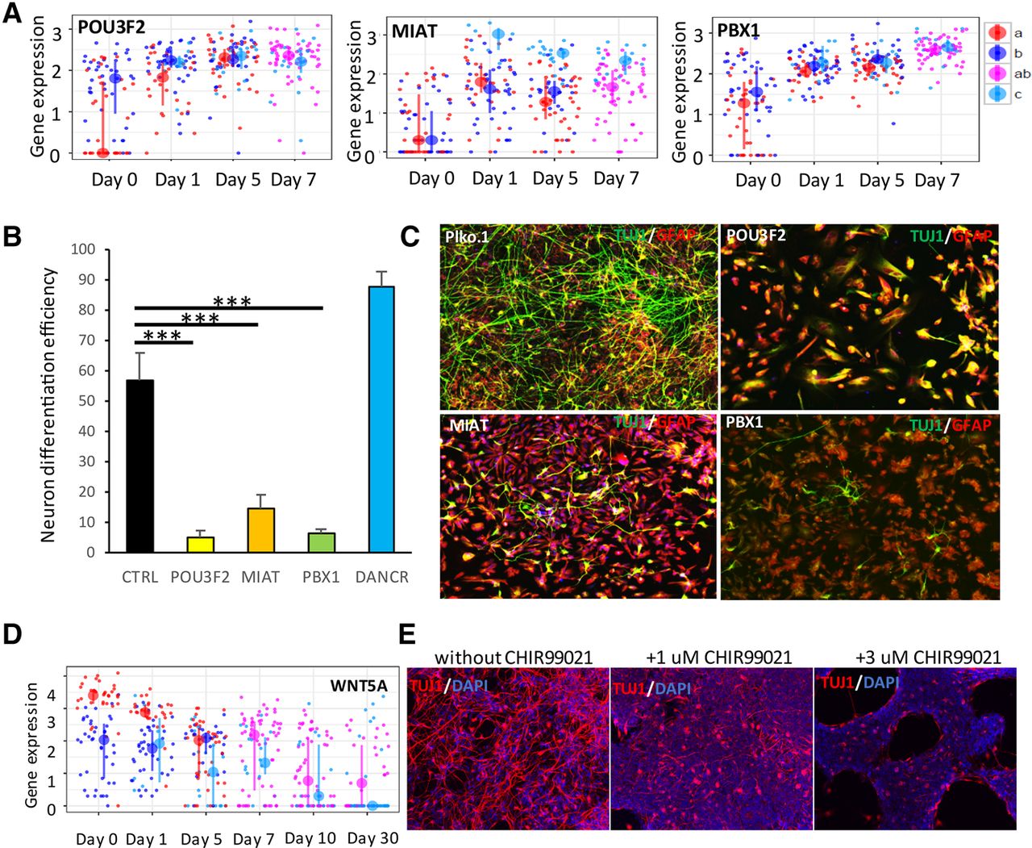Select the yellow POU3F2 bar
(201, 545)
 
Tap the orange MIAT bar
(260, 530)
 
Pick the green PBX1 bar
(321, 542)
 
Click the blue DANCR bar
(381, 419)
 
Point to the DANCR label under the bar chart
(381, 577)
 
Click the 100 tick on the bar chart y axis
(83, 249)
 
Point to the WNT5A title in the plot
(358, 686)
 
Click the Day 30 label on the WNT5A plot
(372, 838)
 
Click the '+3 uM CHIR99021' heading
(928, 658)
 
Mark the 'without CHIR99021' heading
(514, 658)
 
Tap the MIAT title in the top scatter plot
(414, 32)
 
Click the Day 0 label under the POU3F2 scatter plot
(114, 179)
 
